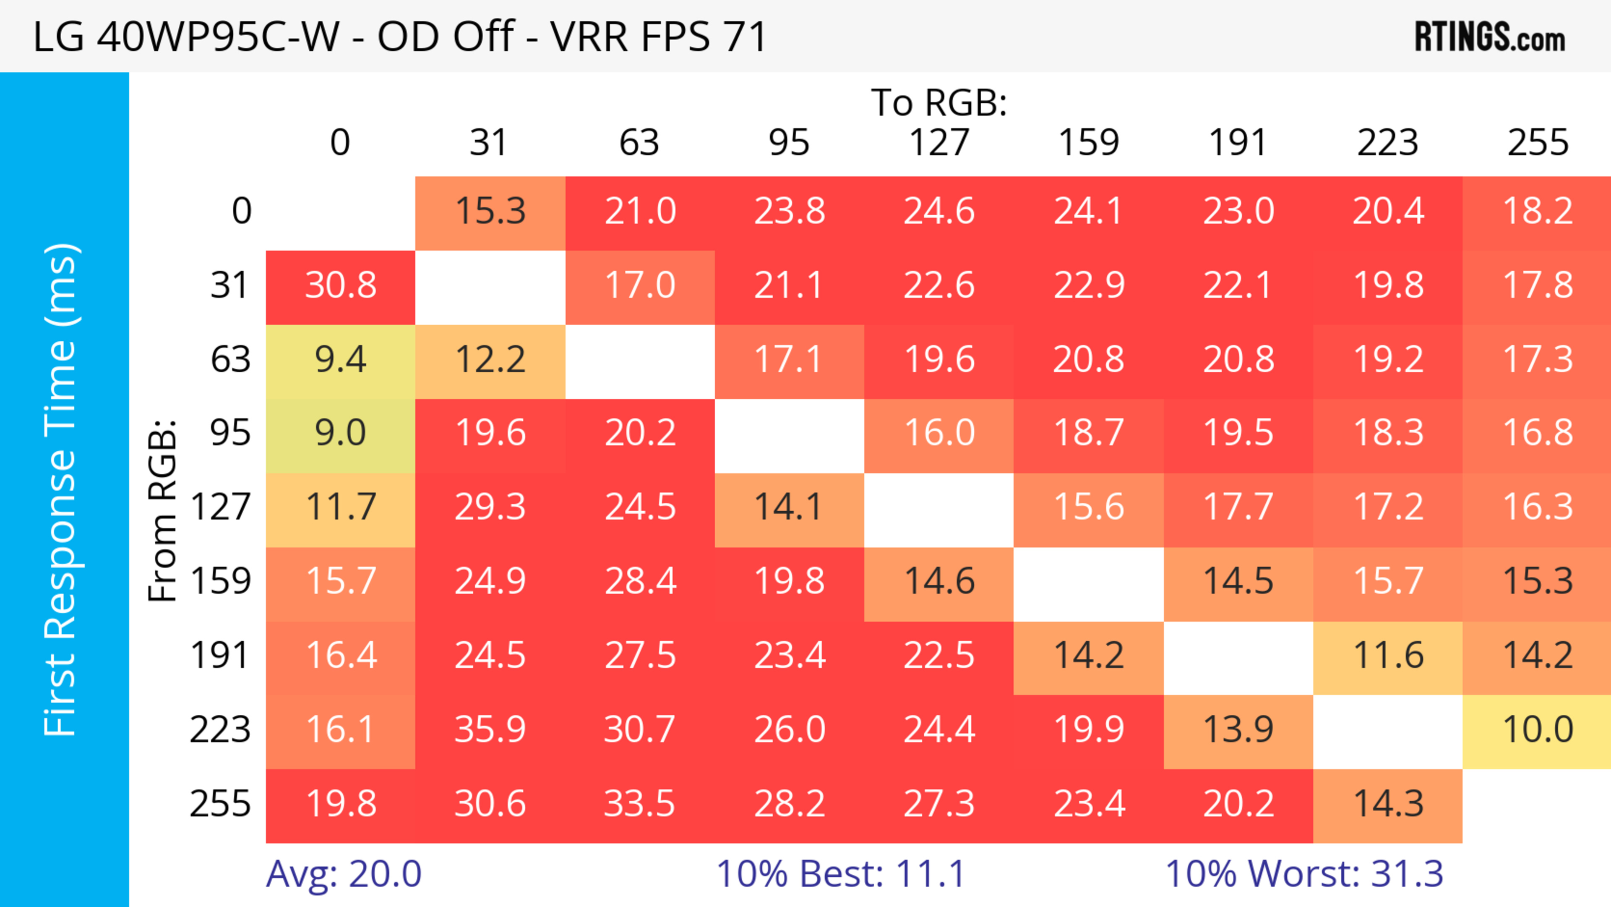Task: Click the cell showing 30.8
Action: (340, 286)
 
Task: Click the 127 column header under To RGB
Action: (939, 143)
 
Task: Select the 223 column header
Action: (1388, 143)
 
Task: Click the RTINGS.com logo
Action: (1490, 37)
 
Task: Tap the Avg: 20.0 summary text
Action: (343, 874)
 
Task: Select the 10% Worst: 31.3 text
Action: (1304, 874)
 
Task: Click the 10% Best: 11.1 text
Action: (840, 874)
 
